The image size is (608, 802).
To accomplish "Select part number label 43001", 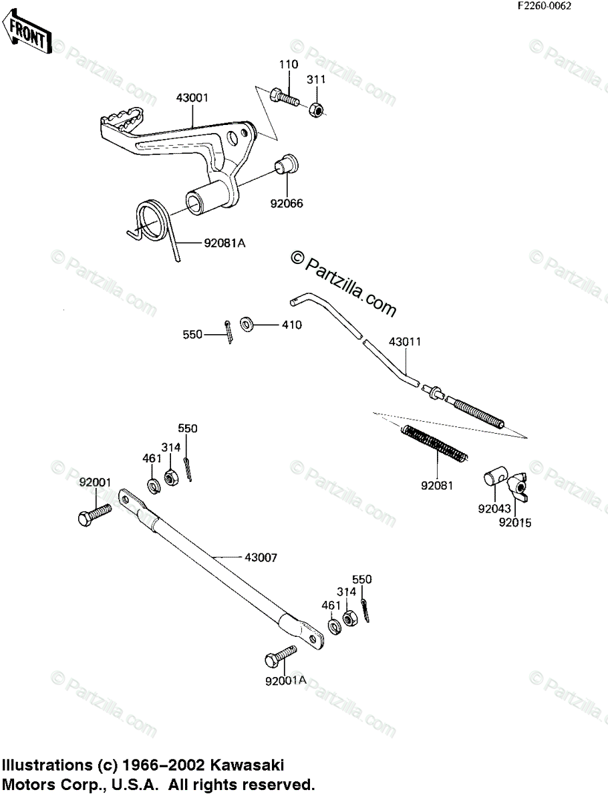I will coord(192,98).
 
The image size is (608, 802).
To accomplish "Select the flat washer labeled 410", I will coord(246,325).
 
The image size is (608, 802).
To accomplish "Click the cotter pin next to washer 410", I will coord(229,330).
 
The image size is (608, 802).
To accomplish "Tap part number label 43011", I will coord(405,342).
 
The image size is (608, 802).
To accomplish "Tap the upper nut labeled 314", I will coord(171,478).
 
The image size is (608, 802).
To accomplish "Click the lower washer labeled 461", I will coord(332,626).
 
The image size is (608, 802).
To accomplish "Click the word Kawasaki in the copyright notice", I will coord(250,764).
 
